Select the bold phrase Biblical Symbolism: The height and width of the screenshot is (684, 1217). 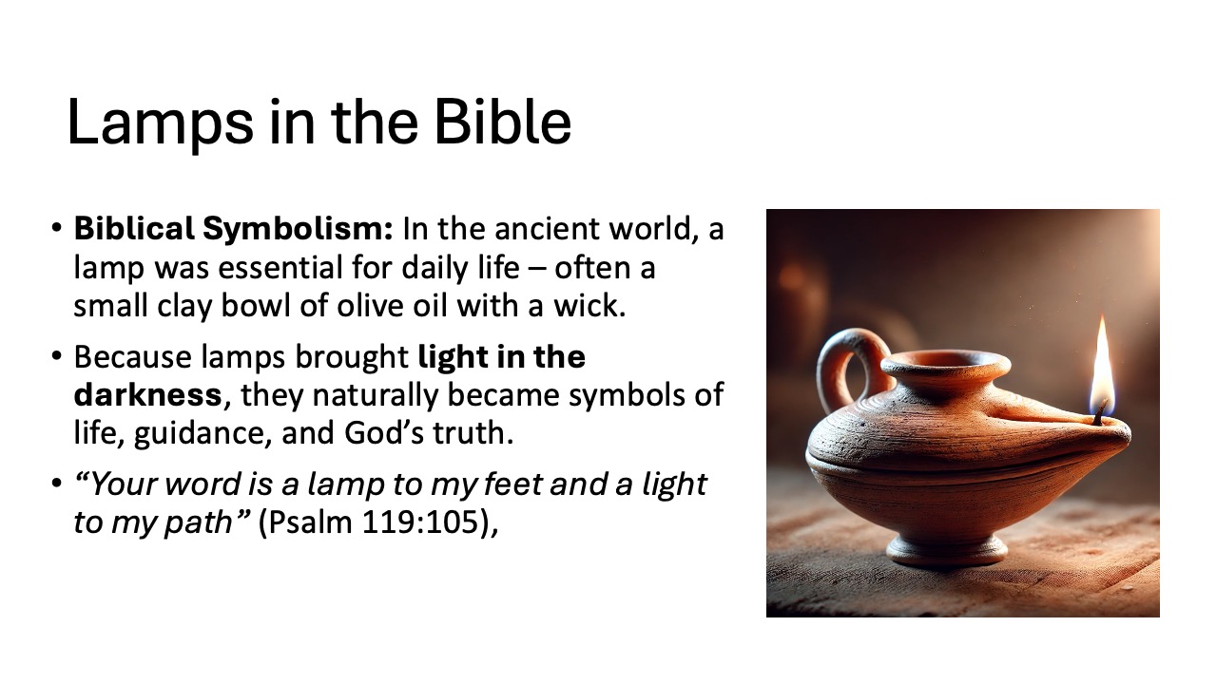point(234,229)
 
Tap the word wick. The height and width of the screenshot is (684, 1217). point(595,308)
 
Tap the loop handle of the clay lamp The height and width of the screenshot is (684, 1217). point(844,366)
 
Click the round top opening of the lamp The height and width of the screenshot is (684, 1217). point(945,362)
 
